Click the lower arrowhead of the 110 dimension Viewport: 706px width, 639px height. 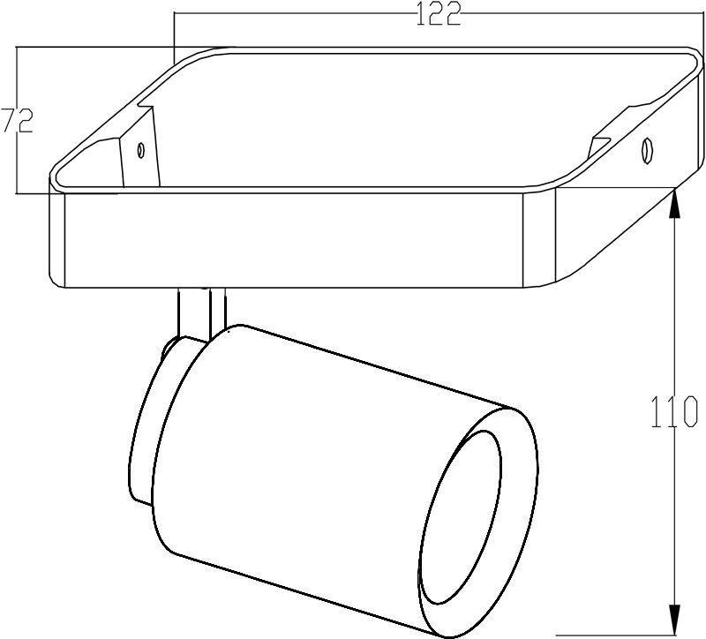675,620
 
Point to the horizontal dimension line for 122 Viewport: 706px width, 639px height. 309,14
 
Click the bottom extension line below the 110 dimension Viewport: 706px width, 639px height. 618,634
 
